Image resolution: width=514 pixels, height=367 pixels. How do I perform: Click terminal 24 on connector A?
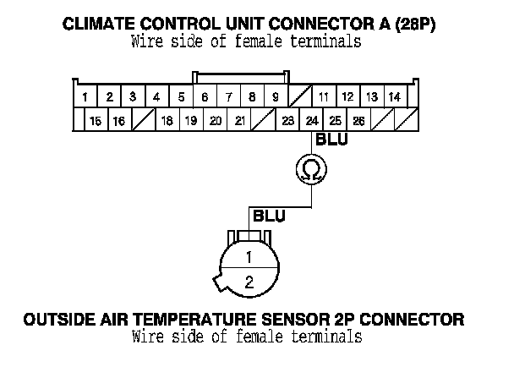pyautogui.click(x=312, y=121)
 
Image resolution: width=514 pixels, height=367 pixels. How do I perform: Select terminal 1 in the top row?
pyautogui.click(x=86, y=97)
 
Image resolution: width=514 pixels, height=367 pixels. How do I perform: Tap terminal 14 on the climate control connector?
pyautogui.click(x=394, y=97)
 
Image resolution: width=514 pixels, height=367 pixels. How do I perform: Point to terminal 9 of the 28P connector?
pyautogui.click(x=275, y=97)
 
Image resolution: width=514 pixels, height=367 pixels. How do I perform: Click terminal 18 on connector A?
pyautogui.click(x=167, y=121)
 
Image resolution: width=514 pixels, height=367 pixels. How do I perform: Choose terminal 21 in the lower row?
pyautogui.click(x=239, y=121)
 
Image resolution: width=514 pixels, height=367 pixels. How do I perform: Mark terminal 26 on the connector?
pyautogui.click(x=358, y=121)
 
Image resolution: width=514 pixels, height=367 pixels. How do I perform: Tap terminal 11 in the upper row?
pyautogui.click(x=323, y=97)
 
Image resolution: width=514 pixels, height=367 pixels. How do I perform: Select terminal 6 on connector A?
pyautogui.click(x=205, y=97)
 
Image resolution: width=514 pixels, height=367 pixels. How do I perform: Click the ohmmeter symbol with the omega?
pyautogui.click(x=312, y=171)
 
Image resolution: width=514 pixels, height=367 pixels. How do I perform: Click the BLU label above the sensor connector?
pyautogui.click(x=269, y=216)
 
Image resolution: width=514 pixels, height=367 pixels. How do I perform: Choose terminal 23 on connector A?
pyautogui.click(x=287, y=121)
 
